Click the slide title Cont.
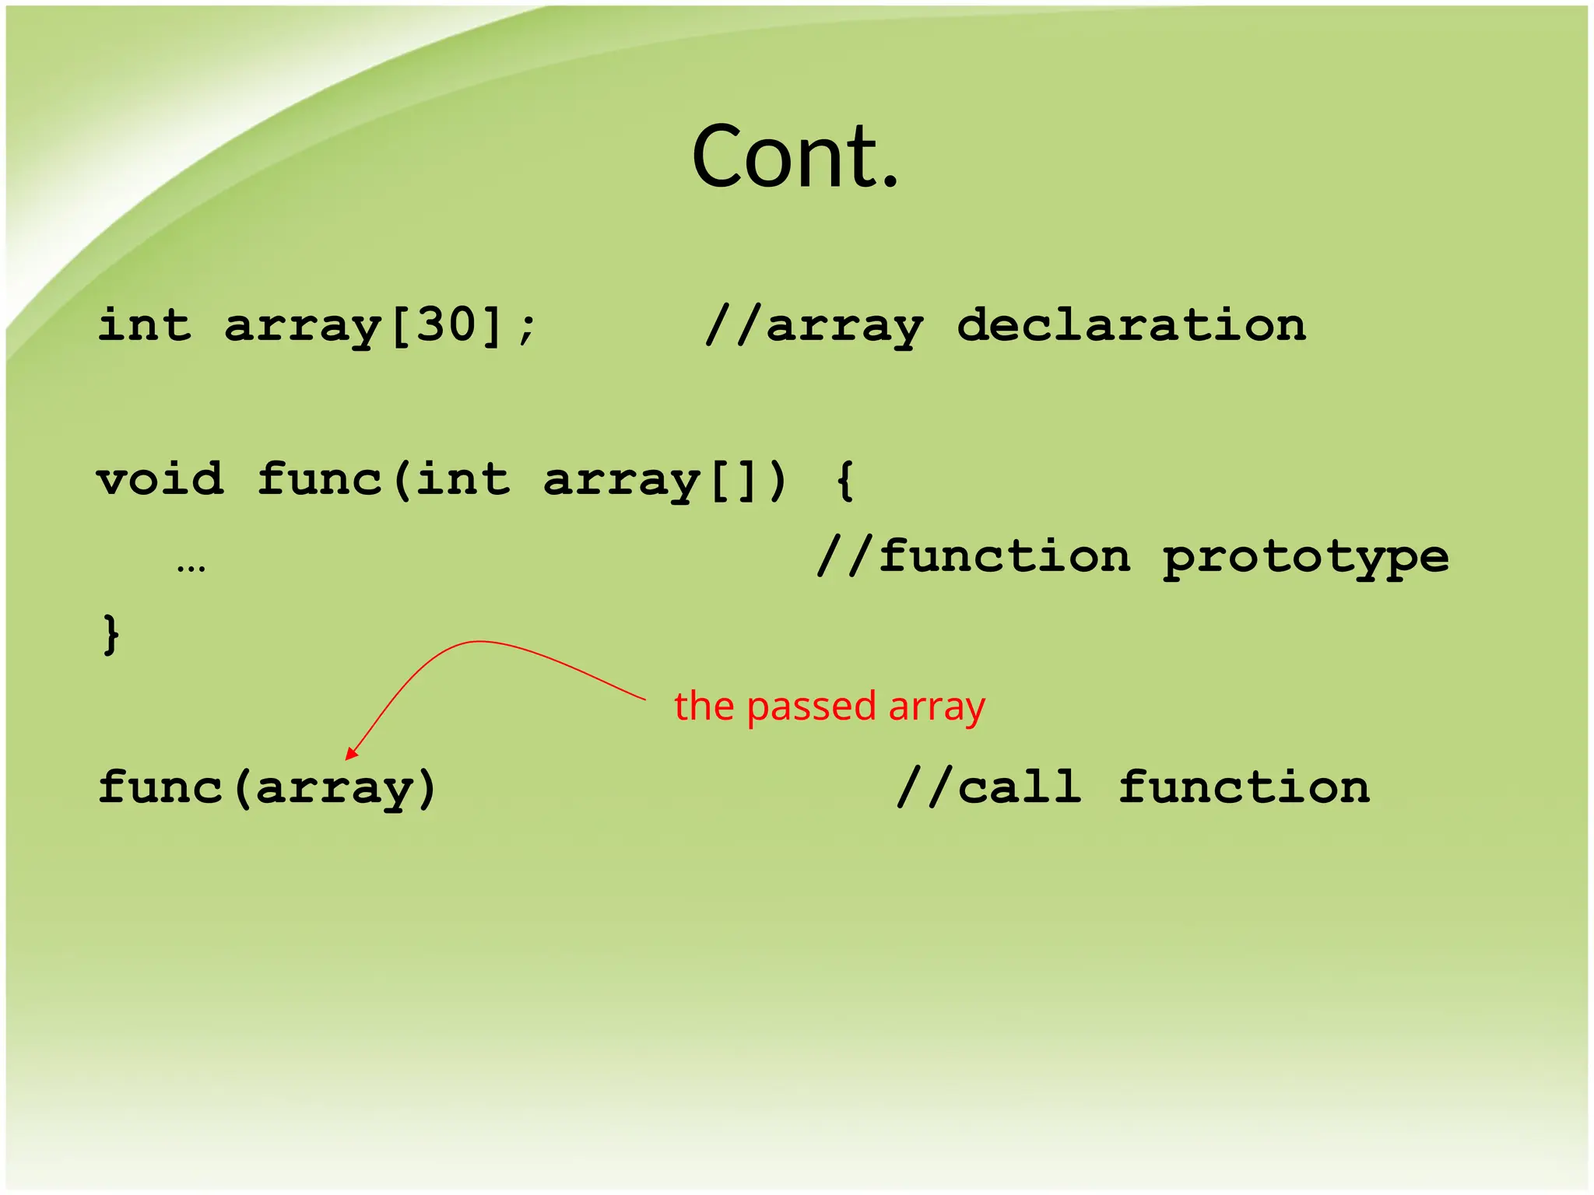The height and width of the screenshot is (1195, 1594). [x=795, y=157]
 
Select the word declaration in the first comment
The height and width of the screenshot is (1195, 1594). [x=1131, y=324]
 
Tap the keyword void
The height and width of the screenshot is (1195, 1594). [x=160, y=478]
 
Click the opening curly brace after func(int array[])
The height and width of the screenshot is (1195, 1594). [x=845, y=480]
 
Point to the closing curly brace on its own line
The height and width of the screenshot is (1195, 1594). [x=111, y=634]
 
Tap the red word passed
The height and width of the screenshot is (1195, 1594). [x=811, y=707]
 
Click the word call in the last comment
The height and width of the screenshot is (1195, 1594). [x=1019, y=787]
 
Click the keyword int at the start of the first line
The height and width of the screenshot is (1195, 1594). [x=144, y=324]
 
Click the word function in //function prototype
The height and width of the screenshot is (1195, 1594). [x=1004, y=556]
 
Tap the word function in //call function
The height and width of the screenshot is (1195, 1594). [x=1244, y=787]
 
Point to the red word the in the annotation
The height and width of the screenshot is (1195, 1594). [x=704, y=706]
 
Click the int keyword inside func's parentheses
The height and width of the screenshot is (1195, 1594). [x=462, y=478]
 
